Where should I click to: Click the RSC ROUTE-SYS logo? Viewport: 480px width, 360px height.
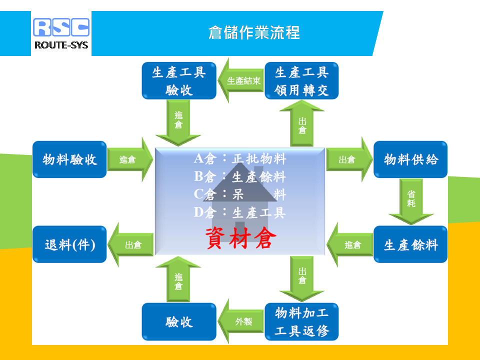(61, 33)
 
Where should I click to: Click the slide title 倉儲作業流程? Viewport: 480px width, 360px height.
(254, 32)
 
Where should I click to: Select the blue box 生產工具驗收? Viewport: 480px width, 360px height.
(179, 81)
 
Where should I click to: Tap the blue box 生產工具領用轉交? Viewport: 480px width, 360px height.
(301, 81)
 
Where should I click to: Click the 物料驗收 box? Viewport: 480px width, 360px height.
(69, 159)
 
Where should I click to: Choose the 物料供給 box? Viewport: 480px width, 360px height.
(410, 159)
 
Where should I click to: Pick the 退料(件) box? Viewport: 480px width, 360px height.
(69, 244)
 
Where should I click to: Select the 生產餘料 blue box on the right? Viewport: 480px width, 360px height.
(410, 244)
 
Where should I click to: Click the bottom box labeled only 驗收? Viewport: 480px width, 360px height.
(179, 321)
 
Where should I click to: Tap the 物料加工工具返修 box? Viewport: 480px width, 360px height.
(301, 321)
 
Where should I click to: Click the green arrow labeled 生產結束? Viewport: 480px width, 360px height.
(240, 80)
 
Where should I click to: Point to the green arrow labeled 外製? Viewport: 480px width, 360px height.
(240, 321)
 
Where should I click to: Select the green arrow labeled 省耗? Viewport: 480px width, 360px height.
(411, 201)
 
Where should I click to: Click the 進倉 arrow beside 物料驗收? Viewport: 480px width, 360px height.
(130, 159)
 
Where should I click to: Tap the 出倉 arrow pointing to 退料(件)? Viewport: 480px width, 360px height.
(130, 244)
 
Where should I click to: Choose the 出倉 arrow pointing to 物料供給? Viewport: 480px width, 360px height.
(349, 159)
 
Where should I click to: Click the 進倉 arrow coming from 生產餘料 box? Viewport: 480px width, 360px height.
(349, 244)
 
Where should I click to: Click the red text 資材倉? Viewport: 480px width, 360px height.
(240, 238)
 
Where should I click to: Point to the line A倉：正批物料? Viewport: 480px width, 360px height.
(240, 158)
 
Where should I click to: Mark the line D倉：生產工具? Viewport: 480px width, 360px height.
(240, 212)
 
